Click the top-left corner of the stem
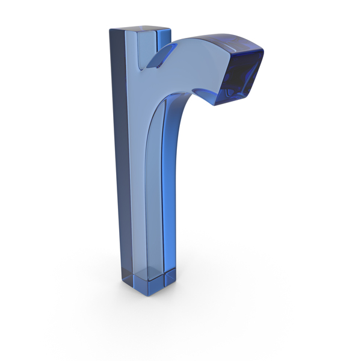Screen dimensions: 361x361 coord(110,29)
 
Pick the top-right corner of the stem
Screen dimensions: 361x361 coord(171,28)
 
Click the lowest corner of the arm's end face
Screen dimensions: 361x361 coord(215,105)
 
